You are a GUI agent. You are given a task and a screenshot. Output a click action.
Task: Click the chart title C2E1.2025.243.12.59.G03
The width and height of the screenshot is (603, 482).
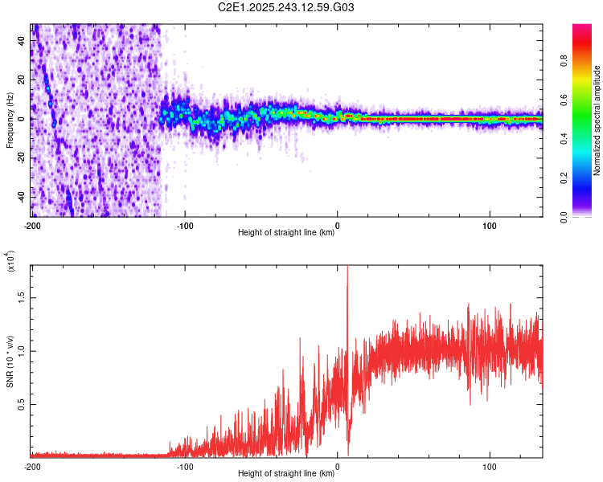point(287,8)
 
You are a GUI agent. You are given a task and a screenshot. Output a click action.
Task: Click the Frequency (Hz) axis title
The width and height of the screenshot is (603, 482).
point(10,120)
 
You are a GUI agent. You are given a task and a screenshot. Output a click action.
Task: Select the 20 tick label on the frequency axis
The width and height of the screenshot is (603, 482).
point(22,80)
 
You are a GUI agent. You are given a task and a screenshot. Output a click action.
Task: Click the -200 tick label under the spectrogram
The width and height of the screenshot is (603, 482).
point(32,226)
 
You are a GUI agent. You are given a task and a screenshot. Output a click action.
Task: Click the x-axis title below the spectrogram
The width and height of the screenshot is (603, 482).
point(287,233)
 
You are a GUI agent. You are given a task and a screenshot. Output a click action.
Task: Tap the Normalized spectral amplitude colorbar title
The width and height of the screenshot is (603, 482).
point(598,120)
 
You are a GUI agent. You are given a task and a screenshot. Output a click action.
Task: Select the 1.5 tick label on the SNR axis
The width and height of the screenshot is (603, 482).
point(22,296)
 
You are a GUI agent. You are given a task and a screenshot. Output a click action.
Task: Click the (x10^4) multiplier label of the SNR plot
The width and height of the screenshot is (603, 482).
point(10,262)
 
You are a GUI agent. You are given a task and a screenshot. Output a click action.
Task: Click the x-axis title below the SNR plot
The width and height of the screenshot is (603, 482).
point(287,474)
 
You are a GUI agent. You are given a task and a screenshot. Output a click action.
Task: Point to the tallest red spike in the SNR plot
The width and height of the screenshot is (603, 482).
point(347,270)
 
